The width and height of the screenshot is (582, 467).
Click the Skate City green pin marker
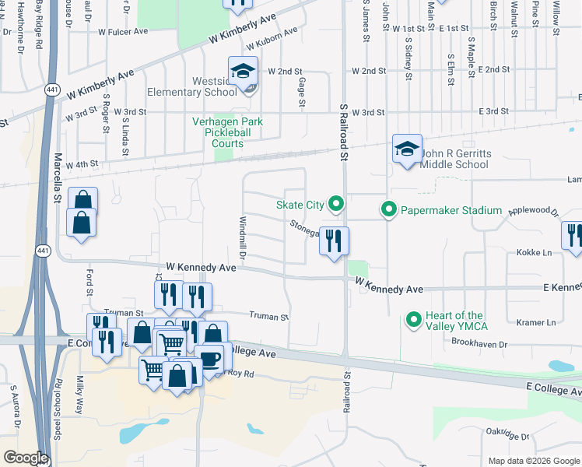(x=336, y=205)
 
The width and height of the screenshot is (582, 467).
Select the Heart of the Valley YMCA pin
(x=414, y=320)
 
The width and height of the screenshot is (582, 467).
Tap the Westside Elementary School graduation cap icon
(x=243, y=72)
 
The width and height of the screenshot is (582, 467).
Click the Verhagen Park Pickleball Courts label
(x=228, y=132)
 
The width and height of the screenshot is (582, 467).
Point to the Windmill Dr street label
(x=242, y=238)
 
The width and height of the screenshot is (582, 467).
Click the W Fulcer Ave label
(x=124, y=32)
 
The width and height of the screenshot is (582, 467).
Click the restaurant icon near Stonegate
(x=334, y=241)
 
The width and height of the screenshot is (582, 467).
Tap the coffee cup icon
(x=209, y=359)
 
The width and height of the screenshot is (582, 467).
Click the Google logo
(x=26, y=458)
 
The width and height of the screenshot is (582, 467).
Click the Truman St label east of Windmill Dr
(x=268, y=317)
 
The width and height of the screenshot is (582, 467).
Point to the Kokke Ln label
(x=534, y=253)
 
